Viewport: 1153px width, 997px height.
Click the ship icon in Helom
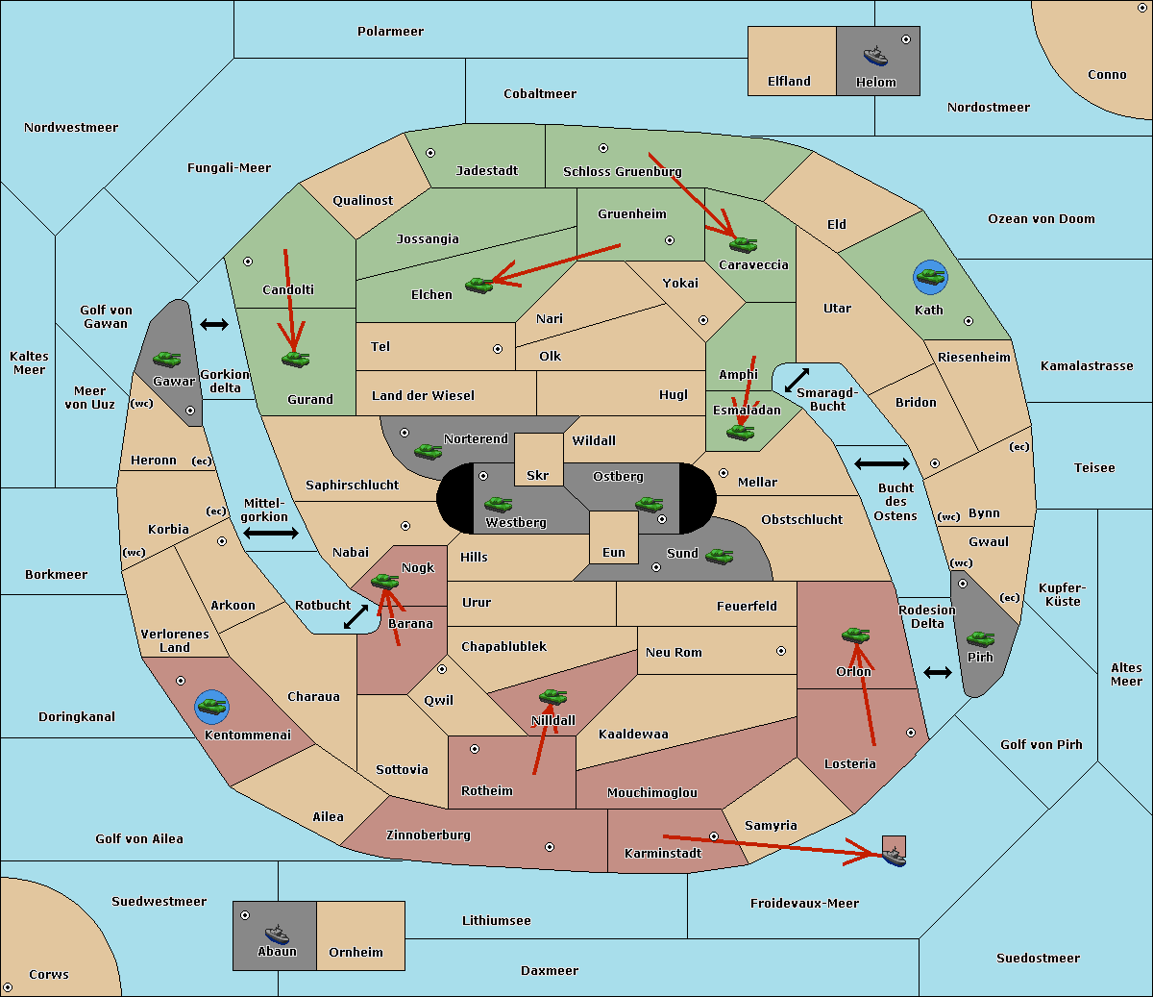tap(875, 56)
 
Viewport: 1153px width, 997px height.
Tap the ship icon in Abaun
tap(277, 934)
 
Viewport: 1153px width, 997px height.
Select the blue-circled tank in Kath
tap(930, 277)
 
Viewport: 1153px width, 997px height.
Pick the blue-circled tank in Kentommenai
tap(211, 707)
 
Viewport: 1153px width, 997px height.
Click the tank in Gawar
tap(167, 359)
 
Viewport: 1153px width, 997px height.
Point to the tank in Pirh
tap(980, 638)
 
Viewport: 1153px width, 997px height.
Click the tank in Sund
tap(719, 556)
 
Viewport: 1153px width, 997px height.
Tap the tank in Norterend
tap(428, 451)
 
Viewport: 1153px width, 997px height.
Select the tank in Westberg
tap(498, 504)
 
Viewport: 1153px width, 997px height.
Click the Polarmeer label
tap(390, 32)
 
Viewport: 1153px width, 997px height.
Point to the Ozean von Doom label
tap(1041, 219)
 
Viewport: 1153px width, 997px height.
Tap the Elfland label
tap(789, 82)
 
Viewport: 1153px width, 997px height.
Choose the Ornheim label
tap(356, 952)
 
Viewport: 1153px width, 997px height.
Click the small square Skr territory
tap(538, 459)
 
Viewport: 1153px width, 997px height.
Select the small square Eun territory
tap(614, 537)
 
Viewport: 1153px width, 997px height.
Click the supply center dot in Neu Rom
tap(781, 651)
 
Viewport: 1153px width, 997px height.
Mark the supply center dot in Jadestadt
tap(430, 153)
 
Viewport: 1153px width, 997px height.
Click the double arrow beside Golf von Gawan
tap(214, 324)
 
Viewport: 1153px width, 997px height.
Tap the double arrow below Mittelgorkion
tap(271, 533)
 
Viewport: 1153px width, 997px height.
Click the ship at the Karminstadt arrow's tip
tap(895, 857)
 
